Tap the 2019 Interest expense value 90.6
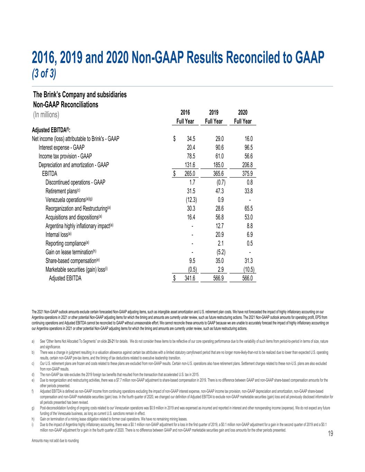219,148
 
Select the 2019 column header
214,113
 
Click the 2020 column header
243,113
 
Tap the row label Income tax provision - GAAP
65,156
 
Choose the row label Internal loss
58,234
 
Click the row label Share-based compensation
73,260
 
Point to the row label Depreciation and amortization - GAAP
74,165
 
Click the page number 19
330,435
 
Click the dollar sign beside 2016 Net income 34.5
175,139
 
